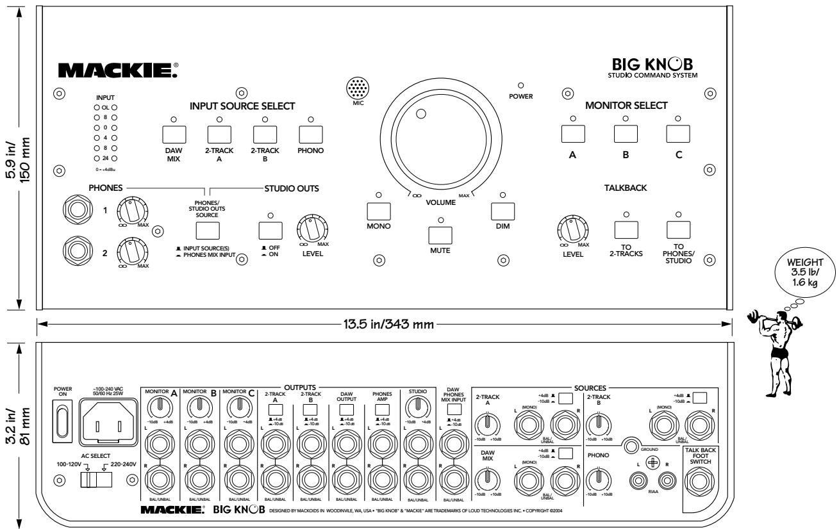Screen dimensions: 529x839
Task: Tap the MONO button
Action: coord(378,211)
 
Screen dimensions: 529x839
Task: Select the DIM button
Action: coord(503,211)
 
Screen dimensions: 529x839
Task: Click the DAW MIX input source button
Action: coord(174,134)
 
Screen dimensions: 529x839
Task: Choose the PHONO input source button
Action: coord(310,134)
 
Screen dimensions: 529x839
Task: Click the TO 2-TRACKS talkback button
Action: coord(626,229)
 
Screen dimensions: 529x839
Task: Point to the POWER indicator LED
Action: coord(520,85)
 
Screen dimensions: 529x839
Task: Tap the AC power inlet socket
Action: coord(109,427)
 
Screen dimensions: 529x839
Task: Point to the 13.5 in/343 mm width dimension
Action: coord(385,325)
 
